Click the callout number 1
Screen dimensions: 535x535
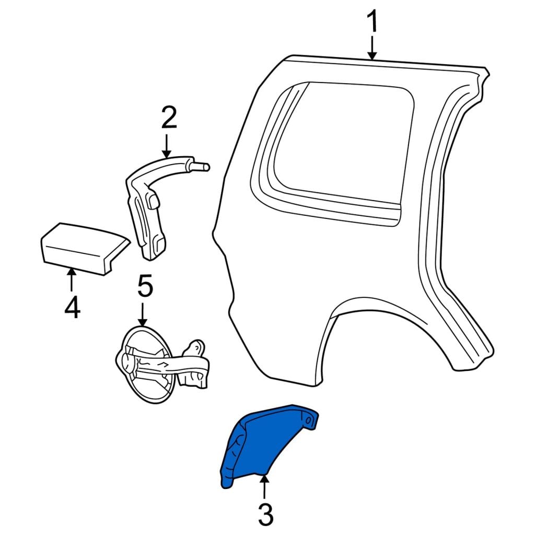pyautogui.click(x=373, y=21)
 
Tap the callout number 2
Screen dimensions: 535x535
pyautogui.click(x=169, y=118)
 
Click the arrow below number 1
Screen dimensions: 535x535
pyautogui.click(x=373, y=48)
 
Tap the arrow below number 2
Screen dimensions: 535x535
pyautogui.click(x=167, y=146)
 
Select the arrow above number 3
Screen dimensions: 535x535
pyautogui.click(x=264, y=487)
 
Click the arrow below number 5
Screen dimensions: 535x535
pyautogui.click(x=143, y=314)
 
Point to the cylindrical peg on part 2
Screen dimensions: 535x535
pyautogui.click(x=200, y=166)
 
